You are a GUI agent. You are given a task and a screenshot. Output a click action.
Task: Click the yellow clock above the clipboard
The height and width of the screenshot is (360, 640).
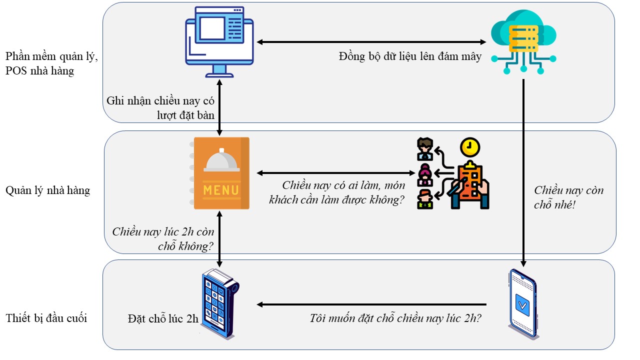pos(469,147)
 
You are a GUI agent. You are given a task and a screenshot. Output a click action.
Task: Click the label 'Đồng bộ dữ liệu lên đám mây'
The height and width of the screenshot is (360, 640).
pos(410,56)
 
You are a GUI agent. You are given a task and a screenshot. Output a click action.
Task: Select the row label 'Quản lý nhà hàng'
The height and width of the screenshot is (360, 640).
pos(48,190)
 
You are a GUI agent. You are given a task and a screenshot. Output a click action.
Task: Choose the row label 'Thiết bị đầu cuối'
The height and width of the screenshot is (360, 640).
pos(46,318)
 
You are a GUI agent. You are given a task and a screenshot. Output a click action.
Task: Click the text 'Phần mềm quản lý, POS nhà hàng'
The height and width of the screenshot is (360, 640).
pos(51,64)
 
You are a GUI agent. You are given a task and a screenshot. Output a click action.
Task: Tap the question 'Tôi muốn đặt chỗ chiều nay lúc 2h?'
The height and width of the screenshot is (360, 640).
pos(395,318)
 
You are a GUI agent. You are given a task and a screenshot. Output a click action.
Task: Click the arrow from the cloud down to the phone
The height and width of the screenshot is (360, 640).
pos(523,170)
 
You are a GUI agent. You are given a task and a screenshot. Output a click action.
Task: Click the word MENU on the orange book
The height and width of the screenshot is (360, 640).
pos(220,190)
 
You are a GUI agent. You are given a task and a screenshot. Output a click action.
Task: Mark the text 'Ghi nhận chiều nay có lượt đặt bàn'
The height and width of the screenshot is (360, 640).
pos(160,107)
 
